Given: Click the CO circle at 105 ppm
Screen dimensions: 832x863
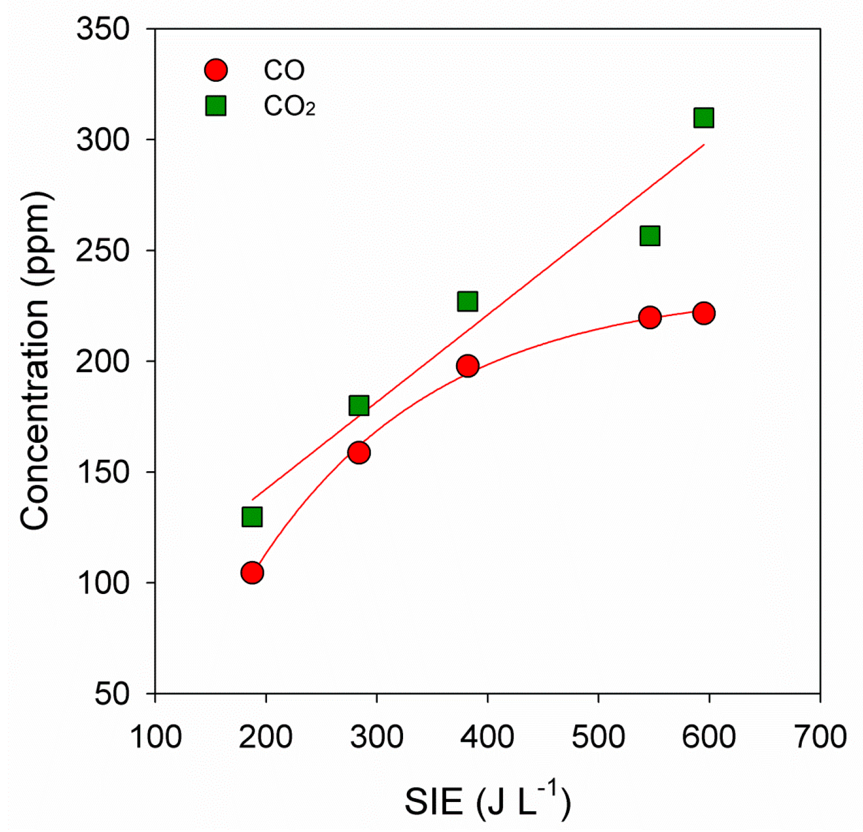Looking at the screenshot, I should pos(252,573).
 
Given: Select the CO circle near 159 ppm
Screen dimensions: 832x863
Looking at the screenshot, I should pos(359,453).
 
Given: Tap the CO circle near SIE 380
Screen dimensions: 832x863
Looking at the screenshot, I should pos(468,366).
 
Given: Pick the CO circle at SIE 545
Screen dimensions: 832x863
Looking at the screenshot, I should pos(649,317).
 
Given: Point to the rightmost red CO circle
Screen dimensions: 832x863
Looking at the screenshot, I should pos(704,313).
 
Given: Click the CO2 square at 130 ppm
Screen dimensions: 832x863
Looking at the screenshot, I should pos(252,516).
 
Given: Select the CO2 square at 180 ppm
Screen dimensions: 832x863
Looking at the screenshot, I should pos(359,406).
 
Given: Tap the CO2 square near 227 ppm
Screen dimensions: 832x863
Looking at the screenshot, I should pos(468,301).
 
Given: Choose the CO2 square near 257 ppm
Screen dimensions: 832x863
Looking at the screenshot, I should pos(649,236).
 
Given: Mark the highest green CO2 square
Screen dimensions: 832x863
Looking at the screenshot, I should pos(704,117).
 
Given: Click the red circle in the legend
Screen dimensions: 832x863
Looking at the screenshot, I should pos(216,70).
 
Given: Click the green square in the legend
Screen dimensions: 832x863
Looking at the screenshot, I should pos(216,106).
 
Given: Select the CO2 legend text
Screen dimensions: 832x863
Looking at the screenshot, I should pos(289,106).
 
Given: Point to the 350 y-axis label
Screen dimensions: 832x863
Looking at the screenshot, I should pos(103,29).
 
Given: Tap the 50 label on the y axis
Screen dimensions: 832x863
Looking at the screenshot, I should pos(112,694).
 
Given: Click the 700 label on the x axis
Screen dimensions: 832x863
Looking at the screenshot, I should pos(820,737).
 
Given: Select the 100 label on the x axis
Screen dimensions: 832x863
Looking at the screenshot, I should pos(156,737).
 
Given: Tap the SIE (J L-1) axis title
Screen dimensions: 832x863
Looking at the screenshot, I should pos(487,800).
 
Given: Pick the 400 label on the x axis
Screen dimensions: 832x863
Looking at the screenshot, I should pos(487,737).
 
